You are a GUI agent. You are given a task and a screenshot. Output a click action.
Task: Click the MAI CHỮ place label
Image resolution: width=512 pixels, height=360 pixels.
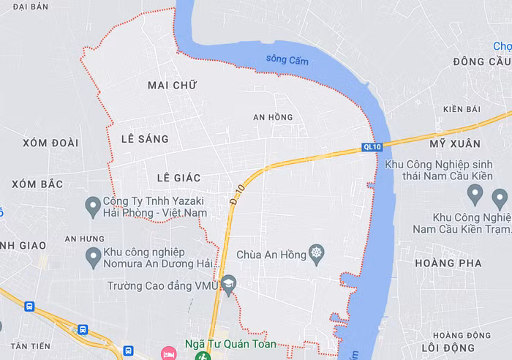173,86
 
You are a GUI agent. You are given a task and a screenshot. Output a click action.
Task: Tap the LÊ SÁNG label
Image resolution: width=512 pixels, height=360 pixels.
145,139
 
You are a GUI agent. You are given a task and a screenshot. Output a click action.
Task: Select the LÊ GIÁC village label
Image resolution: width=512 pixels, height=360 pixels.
178,178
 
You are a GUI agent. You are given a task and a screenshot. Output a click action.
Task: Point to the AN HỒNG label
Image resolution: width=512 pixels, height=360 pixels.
273,117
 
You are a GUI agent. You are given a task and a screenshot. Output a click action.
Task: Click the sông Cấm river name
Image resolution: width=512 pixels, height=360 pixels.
287,60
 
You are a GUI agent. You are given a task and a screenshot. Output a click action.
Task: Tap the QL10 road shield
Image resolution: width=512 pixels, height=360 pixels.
372,147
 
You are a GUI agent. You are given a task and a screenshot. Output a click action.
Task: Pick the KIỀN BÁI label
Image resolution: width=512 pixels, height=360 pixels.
462,110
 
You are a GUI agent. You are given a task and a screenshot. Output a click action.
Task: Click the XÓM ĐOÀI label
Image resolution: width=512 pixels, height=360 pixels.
50,143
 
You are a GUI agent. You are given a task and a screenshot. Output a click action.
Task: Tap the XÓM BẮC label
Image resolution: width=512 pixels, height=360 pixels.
37,184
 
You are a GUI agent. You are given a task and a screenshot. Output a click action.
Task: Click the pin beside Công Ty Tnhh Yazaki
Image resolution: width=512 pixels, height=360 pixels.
93,206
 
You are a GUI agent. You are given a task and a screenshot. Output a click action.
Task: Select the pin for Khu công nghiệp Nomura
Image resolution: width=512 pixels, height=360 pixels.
93,257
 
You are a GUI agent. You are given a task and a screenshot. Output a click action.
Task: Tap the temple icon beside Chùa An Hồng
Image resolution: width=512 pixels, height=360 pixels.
316,255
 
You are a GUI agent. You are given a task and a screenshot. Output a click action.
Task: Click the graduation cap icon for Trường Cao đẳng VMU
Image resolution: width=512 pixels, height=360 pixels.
229,285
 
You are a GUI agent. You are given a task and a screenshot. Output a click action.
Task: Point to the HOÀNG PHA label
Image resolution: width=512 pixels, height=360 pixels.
448,263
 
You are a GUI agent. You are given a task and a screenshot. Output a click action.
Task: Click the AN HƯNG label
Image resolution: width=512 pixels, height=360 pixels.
84,239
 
